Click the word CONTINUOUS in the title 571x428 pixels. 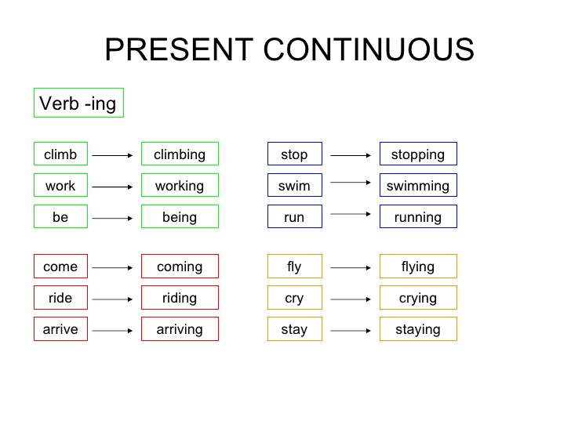(x=369, y=50)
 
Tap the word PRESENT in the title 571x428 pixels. (x=180, y=50)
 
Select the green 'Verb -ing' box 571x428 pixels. (x=78, y=103)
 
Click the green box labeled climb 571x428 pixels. (x=60, y=154)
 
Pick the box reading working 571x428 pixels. (x=180, y=186)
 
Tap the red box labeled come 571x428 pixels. (x=60, y=267)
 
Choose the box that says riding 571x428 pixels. (x=180, y=298)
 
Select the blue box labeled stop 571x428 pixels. (x=294, y=154)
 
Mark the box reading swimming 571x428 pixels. (x=418, y=186)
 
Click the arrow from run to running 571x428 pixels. (x=351, y=213)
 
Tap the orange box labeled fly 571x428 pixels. (x=294, y=267)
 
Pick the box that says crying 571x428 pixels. (x=418, y=298)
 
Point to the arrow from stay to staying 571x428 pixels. (x=351, y=331)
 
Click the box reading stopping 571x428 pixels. (x=418, y=154)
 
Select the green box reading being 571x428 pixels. (x=180, y=217)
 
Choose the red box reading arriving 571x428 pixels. (x=180, y=329)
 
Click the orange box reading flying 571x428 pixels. (x=418, y=267)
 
